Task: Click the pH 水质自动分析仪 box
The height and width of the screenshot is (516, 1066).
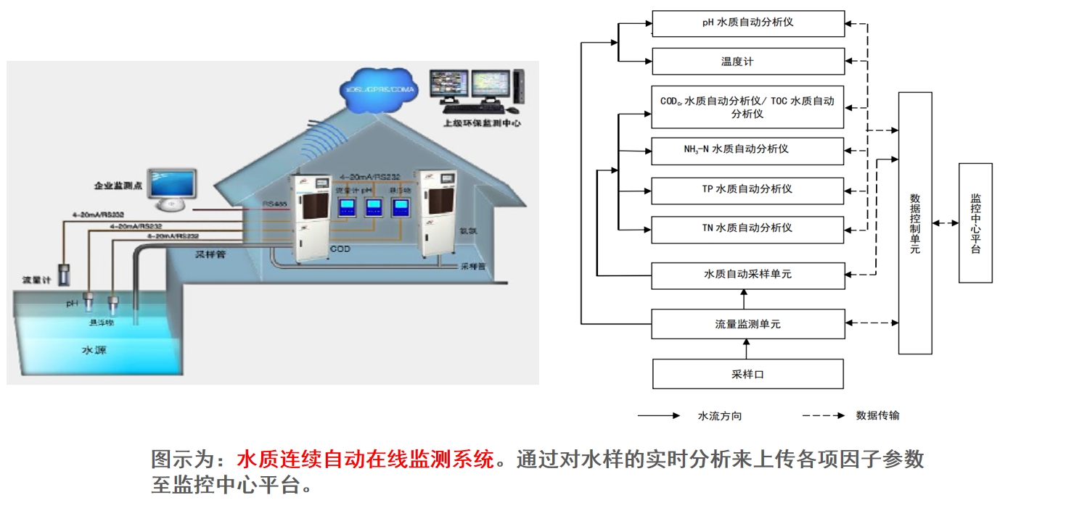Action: click(x=748, y=22)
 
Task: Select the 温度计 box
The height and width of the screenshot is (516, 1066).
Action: click(x=748, y=62)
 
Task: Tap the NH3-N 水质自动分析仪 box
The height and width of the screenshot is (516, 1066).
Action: click(x=748, y=150)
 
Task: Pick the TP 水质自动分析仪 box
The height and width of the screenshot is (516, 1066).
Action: click(x=748, y=190)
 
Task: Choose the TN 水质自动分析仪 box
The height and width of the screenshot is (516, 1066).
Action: click(x=748, y=228)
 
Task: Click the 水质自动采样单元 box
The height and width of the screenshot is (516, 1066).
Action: click(x=748, y=275)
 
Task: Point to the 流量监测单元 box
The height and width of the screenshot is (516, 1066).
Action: click(x=748, y=324)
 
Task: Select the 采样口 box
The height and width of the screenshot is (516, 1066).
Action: click(x=748, y=375)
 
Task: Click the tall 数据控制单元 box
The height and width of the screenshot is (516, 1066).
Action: click(x=915, y=223)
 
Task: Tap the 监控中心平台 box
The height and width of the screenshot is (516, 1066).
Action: click(x=975, y=223)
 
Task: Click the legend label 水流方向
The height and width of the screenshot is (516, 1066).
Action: click(x=720, y=416)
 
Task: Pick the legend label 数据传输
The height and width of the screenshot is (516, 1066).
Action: click(x=878, y=416)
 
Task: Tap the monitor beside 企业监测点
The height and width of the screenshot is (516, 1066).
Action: click(x=172, y=186)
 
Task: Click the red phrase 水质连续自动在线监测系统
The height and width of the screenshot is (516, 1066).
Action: click(x=365, y=459)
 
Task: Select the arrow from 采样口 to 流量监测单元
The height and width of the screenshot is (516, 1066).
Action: click(x=748, y=349)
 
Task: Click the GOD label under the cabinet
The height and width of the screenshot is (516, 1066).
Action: click(x=340, y=249)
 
